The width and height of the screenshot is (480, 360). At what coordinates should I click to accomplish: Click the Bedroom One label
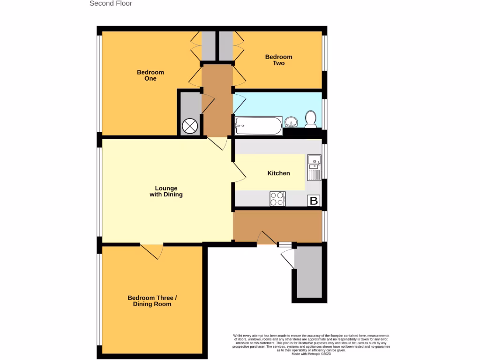150,75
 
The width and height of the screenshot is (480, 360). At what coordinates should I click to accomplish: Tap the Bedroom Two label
278,60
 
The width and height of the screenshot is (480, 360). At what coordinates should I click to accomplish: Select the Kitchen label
278,173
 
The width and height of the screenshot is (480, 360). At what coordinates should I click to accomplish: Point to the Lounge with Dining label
166,191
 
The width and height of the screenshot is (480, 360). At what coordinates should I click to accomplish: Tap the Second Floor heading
111,4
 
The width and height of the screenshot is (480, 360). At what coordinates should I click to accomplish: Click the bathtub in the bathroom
258,125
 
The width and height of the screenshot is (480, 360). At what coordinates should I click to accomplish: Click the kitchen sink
314,167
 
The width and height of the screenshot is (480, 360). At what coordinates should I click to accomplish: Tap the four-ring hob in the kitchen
277,199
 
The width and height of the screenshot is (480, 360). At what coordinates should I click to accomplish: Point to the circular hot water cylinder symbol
190,126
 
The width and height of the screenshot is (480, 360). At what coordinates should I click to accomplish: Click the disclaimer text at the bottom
311,343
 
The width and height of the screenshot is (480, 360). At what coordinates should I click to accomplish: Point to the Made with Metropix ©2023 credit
311,354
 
